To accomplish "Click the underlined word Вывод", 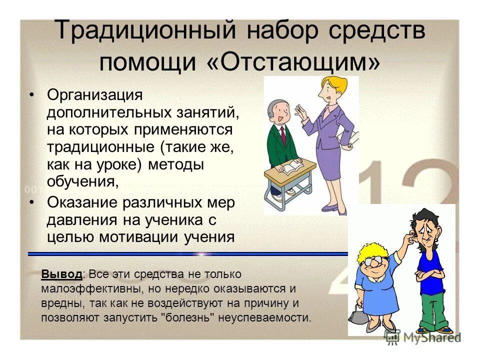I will [x=62, y=274].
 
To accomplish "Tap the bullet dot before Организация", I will [x=32, y=94].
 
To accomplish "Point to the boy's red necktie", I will [x=283, y=134].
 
